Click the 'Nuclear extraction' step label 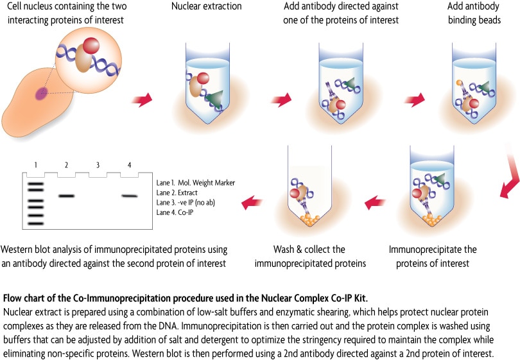click(x=198, y=7)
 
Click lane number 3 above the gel click(x=97, y=165)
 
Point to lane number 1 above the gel click(x=37, y=165)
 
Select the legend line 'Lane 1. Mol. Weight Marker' click(x=195, y=182)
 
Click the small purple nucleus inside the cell click(x=42, y=94)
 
